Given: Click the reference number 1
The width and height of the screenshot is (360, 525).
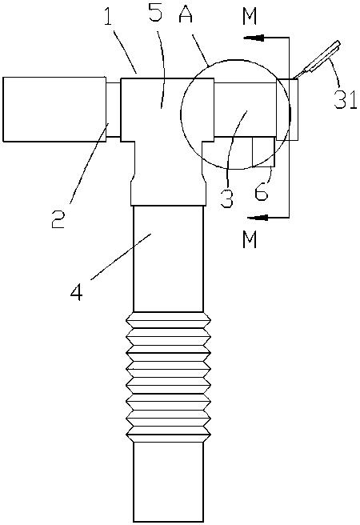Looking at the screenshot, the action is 108,16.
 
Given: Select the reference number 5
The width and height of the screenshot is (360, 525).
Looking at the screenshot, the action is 155,11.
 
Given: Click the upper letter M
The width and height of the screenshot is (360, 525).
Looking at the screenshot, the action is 250,16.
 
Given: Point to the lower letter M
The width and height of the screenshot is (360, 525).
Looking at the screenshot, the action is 250,239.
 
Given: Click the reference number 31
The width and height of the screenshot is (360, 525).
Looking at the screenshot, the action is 346,99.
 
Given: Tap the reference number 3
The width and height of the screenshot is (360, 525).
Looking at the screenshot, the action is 226,198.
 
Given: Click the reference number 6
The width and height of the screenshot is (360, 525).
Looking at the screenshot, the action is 262,192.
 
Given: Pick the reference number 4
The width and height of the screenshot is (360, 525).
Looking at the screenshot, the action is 77,291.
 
